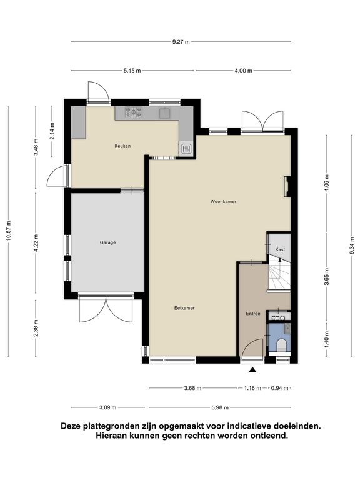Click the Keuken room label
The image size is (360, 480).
[x=122, y=146]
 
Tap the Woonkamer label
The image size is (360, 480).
[x=223, y=201]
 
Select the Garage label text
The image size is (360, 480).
[x=107, y=242]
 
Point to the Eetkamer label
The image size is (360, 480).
[x=184, y=308]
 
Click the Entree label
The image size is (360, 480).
[x=253, y=314]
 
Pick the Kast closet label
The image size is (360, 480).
[x=280, y=249]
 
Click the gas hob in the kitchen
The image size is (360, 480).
[x=134, y=112]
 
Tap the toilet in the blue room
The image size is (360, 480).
[x=281, y=346]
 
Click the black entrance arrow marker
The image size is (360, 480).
[x=252, y=370]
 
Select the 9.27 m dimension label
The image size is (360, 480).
[x=181, y=42]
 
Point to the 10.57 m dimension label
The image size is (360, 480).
[x=9, y=231]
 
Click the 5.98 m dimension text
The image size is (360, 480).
[x=220, y=407]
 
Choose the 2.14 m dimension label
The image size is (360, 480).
[x=52, y=131]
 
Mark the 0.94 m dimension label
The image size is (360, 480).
[x=280, y=388]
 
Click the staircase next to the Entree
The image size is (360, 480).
[x=280, y=274]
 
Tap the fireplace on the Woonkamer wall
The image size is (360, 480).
[x=287, y=186]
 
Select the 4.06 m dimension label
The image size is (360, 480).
[x=327, y=183]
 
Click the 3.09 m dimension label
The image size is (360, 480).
[x=107, y=407]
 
